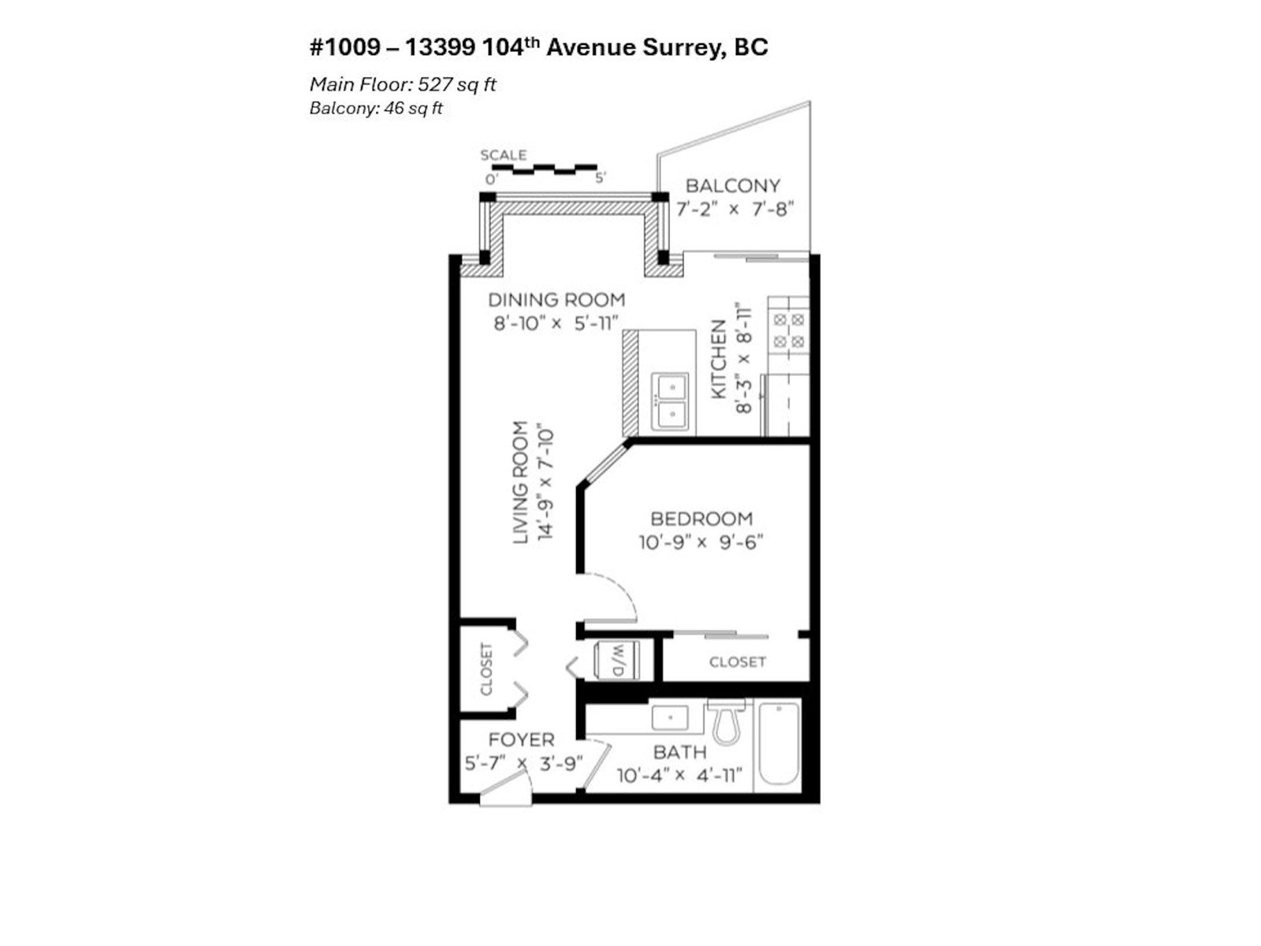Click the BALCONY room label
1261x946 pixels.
point(732,186)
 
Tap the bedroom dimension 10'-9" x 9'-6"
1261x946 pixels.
point(701,542)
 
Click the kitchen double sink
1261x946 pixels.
point(671,400)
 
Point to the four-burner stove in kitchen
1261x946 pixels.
point(789,330)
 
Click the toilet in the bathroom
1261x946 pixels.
point(726,724)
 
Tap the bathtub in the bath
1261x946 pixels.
point(779,744)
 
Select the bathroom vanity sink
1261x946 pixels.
point(670,718)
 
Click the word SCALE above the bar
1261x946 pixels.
point(503,155)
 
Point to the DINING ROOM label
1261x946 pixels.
point(556,300)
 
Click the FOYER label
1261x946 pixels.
point(521,739)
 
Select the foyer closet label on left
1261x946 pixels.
point(486,670)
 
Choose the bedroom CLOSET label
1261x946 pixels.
point(737,662)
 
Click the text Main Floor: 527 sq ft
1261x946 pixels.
point(403,84)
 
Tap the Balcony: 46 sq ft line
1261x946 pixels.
point(376,109)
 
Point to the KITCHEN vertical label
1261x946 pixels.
point(719,359)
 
